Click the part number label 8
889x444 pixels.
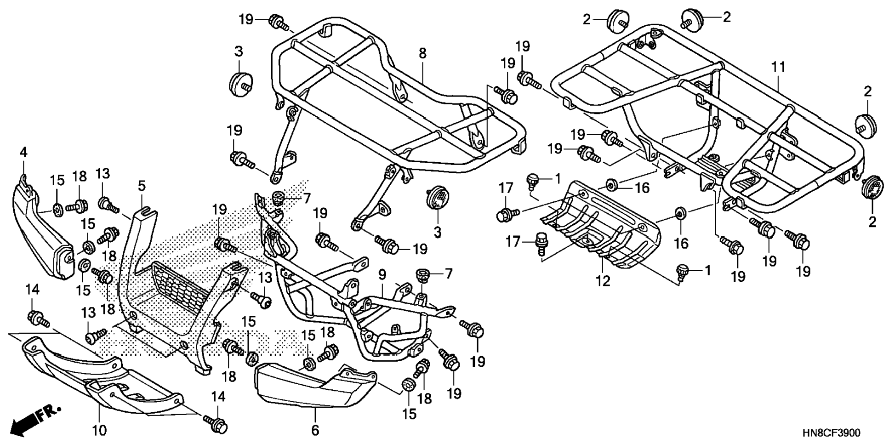[x=422, y=53]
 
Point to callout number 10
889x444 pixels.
[x=99, y=430]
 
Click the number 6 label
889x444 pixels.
[x=315, y=430]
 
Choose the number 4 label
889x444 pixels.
[x=23, y=152]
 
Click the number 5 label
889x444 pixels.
[x=142, y=186]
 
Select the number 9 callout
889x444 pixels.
[x=382, y=275]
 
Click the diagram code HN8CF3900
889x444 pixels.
[x=831, y=433]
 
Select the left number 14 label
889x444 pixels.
[x=32, y=290]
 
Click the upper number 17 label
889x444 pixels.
[x=506, y=188]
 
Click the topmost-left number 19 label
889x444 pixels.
[x=246, y=20]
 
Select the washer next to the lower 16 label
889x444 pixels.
[x=680, y=213]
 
